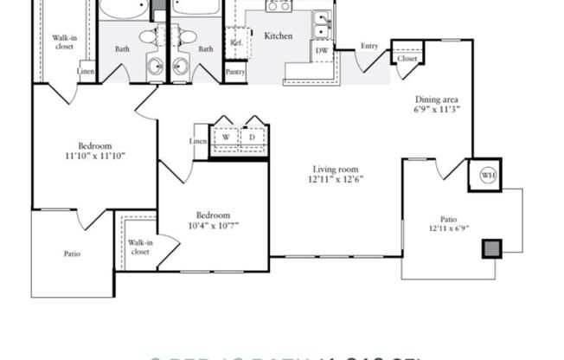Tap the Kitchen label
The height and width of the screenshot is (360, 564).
[278, 36]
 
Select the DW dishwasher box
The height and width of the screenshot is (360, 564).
[321, 51]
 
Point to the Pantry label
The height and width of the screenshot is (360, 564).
[234, 73]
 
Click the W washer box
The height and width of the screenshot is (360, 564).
[226, 138]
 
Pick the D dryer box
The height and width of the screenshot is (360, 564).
[253, 138]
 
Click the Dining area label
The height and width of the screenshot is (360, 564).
[437, 100]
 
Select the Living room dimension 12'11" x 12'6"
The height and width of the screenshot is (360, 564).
[335, 180]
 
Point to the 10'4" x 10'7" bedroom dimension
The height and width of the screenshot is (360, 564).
[213, 226]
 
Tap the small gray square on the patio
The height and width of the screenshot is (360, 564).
[490, 248]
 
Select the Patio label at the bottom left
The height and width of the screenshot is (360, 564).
[73, 254]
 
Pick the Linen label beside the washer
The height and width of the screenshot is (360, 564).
[198, 140]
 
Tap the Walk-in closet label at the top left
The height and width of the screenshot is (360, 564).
[63, 42]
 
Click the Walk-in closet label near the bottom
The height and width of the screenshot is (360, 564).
[139, 247]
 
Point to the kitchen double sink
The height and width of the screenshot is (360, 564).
[323, 25]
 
